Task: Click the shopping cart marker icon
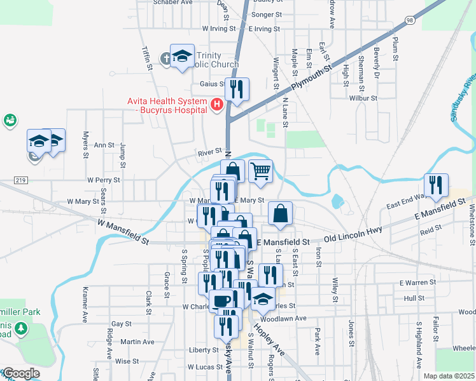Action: click(260, 170)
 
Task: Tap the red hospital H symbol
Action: click(216, 104)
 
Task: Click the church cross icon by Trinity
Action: click(165, 59)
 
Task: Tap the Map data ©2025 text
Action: click(449, 376)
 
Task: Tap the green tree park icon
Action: click(22, 328)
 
